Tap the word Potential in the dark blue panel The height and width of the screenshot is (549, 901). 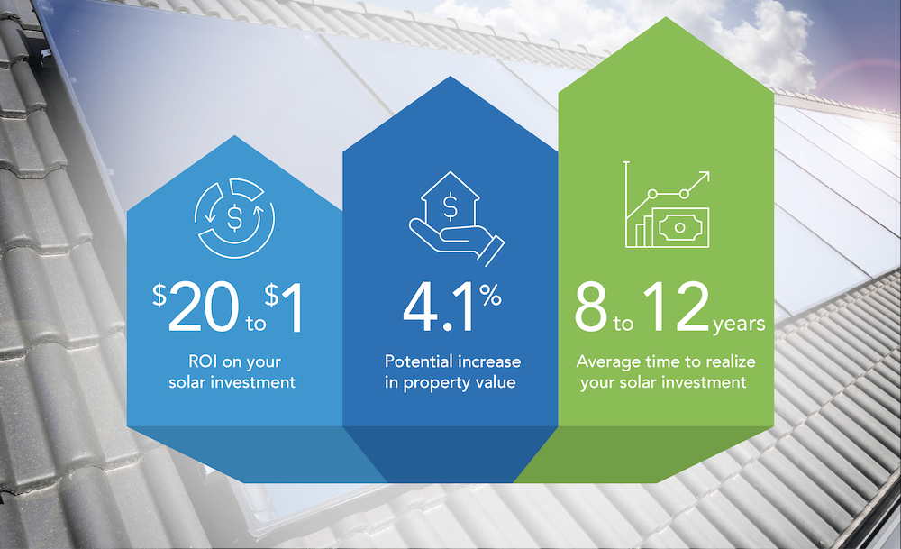[x=415, y=361]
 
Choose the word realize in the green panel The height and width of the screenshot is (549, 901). [x=723, y=362]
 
